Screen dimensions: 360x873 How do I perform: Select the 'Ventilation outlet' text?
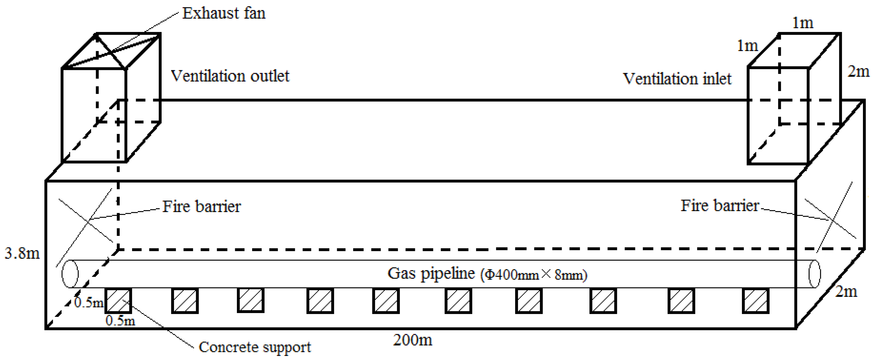click(x=230, y=76)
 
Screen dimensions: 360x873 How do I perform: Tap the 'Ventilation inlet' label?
click(x=677, y=79)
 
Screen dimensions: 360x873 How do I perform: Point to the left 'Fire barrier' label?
click(x=201, y=206)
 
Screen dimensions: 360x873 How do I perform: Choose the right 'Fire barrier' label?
click(x=720, y=205)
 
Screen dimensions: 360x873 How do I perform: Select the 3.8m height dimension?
click(x=22, y=253)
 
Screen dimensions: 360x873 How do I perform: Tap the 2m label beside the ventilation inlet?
click(x=858, y=71)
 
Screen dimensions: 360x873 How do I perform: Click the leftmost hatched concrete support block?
click(x=118, y=300)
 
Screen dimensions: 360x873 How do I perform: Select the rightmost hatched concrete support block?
click(x=755, y=300)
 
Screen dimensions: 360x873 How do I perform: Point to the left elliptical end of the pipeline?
click(x=70, y=274)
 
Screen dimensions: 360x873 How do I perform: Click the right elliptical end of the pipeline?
click(x=815, y=274)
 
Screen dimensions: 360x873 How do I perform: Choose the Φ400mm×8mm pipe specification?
click(x=534, y=275)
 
